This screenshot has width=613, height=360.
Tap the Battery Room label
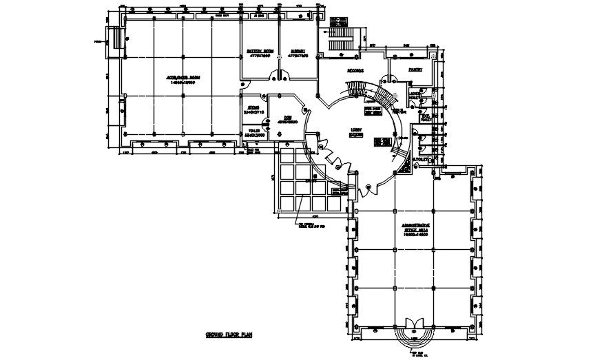click(259, 51)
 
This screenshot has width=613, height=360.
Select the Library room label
click(298, 51)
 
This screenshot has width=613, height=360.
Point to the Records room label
click(355, 70)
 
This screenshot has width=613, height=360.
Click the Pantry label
click(415, 70)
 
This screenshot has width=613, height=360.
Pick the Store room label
click(253, 109)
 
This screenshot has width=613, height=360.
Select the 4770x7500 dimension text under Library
click(298, 56)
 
